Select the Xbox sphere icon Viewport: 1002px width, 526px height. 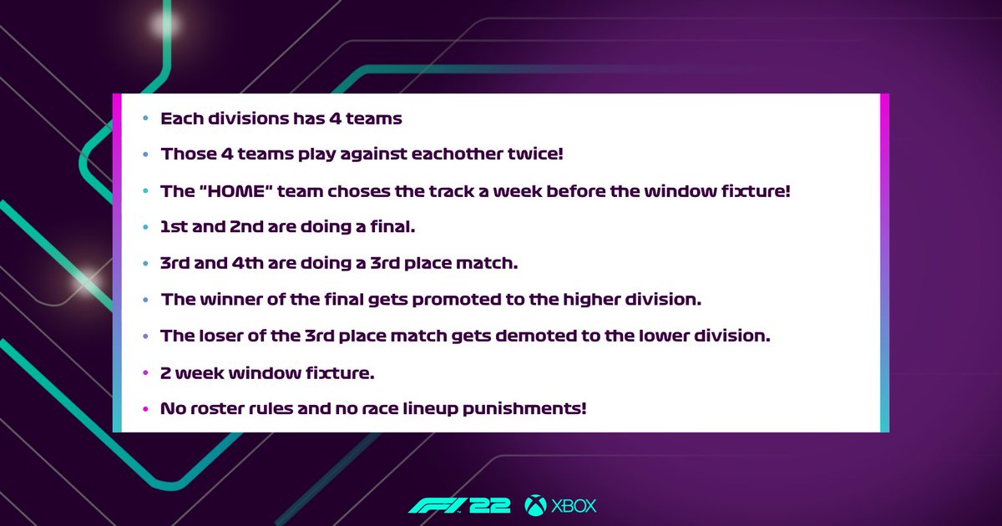[x=535, y=506]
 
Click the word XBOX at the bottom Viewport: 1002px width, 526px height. [x=574, y=506]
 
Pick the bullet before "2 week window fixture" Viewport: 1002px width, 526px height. [x=145, y=373]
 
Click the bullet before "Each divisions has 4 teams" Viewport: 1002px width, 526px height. [x=145, y=119]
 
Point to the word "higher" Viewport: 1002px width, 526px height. [x=601, y=298]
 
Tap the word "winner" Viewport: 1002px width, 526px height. [x=228, y=298]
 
